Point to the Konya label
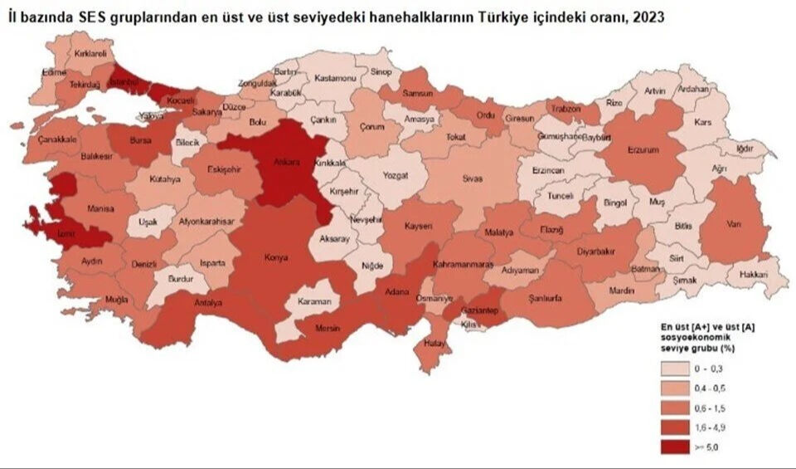pos(275,257)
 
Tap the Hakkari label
pos(753,273)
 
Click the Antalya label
pos(208,303)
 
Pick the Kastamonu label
pos(335,78)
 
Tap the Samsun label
pos(417,94)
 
